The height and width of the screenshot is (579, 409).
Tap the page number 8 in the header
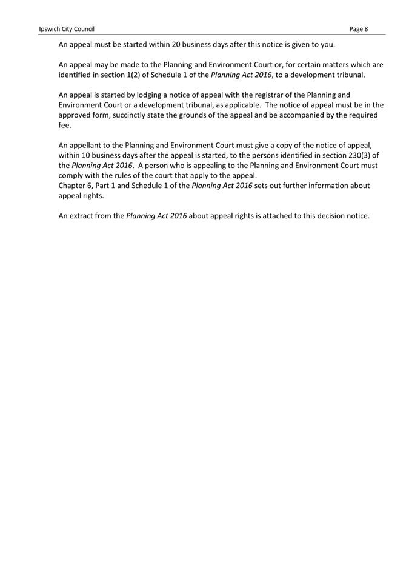click(366, 28)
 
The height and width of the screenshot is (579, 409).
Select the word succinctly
click(144, 115)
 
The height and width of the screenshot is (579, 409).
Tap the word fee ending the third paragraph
click(65, 126)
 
